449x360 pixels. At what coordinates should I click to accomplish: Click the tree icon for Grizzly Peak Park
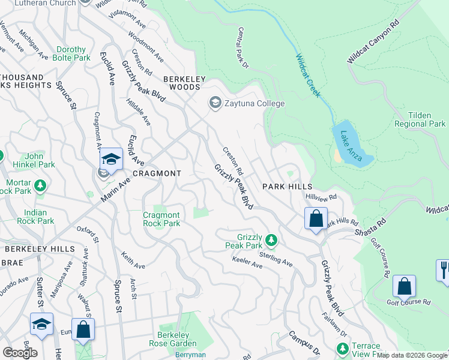271,241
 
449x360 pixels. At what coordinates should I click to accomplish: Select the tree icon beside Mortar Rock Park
40,185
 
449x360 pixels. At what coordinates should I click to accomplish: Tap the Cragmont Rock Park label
161,219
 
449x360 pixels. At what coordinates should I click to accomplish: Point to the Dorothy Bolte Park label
73,53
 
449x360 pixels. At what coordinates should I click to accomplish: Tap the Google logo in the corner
19,353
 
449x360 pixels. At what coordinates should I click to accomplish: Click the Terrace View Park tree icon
342,348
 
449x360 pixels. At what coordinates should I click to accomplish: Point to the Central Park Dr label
243,47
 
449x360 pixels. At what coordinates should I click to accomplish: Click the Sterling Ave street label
276,259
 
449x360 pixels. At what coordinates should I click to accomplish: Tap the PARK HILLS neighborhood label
287,187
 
